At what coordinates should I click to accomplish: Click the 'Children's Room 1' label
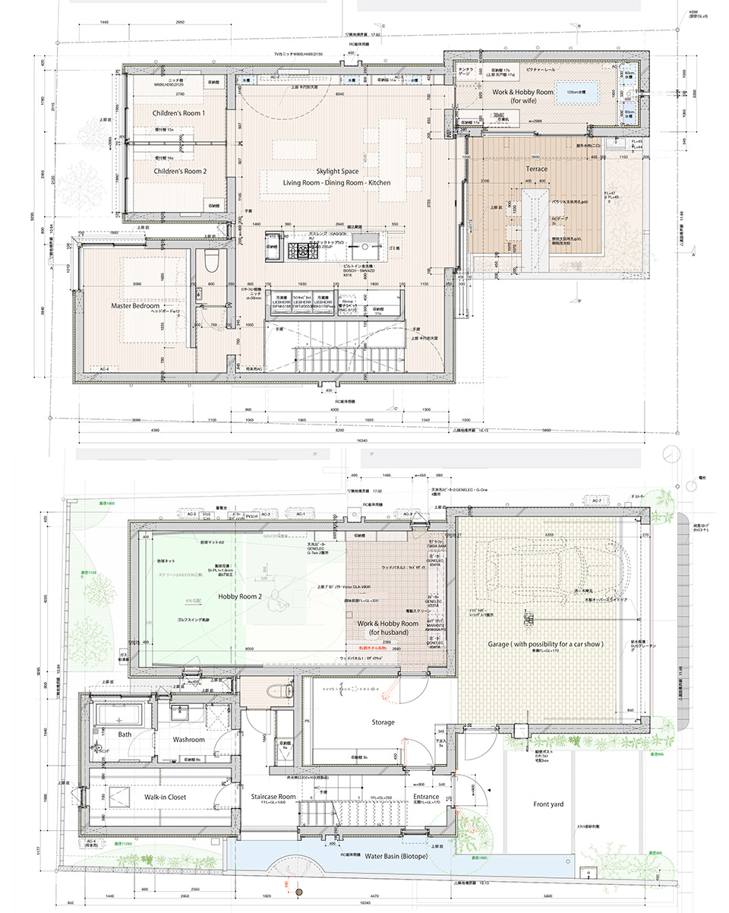(178, 112)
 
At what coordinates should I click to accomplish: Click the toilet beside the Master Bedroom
(211, 264)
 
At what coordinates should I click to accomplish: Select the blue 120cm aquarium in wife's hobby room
(576, 93)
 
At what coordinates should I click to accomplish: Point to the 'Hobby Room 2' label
(240, 597)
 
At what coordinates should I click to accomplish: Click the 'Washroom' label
(188, 738)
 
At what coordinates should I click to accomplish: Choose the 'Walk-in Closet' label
(160, 797)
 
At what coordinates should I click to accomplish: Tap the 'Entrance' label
(426, 797)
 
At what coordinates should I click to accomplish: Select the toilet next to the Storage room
(287, 690)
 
